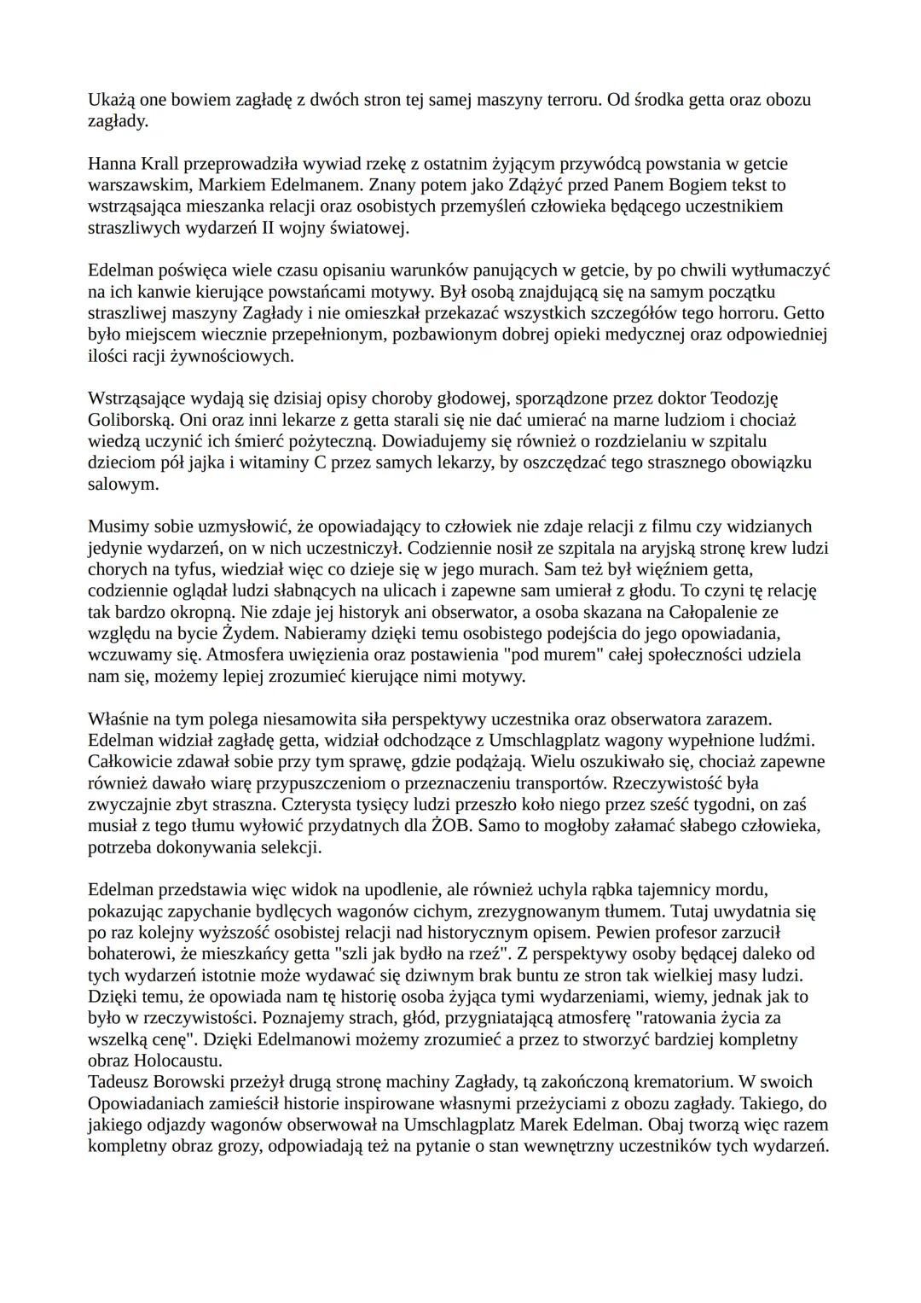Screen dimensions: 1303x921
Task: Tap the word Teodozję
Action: [x=744, y=398]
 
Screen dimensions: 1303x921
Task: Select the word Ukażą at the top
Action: [x=111, y=99]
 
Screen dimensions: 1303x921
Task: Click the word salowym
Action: [x=123, y=484]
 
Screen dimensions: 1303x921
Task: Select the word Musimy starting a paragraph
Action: [x=116, y=526]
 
